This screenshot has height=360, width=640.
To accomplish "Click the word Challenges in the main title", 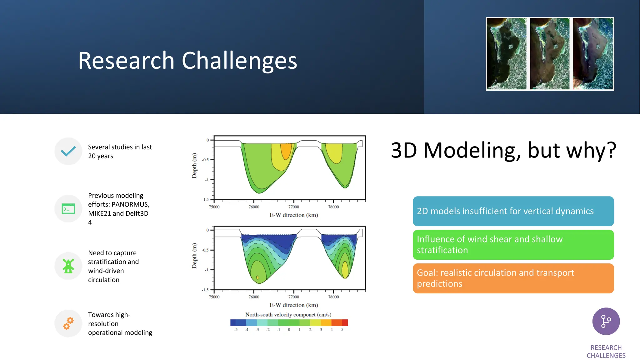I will [239, 61].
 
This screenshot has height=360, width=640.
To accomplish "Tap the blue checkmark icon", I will [68, 151].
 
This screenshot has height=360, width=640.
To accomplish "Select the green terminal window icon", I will [68, 208].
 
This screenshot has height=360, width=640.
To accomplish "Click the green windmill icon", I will [68, 266].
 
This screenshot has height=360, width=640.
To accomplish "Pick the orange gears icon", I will [68, 323].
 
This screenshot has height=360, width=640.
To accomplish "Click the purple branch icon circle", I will [606, 321].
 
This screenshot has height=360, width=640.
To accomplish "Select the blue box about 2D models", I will [513, 211].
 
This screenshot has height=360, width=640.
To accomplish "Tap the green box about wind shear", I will [513, 245].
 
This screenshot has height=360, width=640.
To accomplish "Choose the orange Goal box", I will [513, 278].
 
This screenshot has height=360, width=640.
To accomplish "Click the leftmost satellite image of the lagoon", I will [507, 54].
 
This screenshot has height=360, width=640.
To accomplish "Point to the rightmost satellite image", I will [593, 54].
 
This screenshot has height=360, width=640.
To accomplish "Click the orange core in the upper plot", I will [286, 151].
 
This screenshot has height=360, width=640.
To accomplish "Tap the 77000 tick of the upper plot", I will [294, 207].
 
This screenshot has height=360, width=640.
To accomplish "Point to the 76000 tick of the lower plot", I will [254, 297].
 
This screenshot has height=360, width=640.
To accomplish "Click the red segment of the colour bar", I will [345, 322].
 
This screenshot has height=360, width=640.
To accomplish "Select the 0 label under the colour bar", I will [289, 330].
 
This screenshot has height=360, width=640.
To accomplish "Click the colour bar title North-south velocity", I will [288, 315].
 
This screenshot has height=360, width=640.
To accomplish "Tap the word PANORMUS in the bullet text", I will [130, 204].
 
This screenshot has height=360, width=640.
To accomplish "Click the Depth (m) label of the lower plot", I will [194, 256].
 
